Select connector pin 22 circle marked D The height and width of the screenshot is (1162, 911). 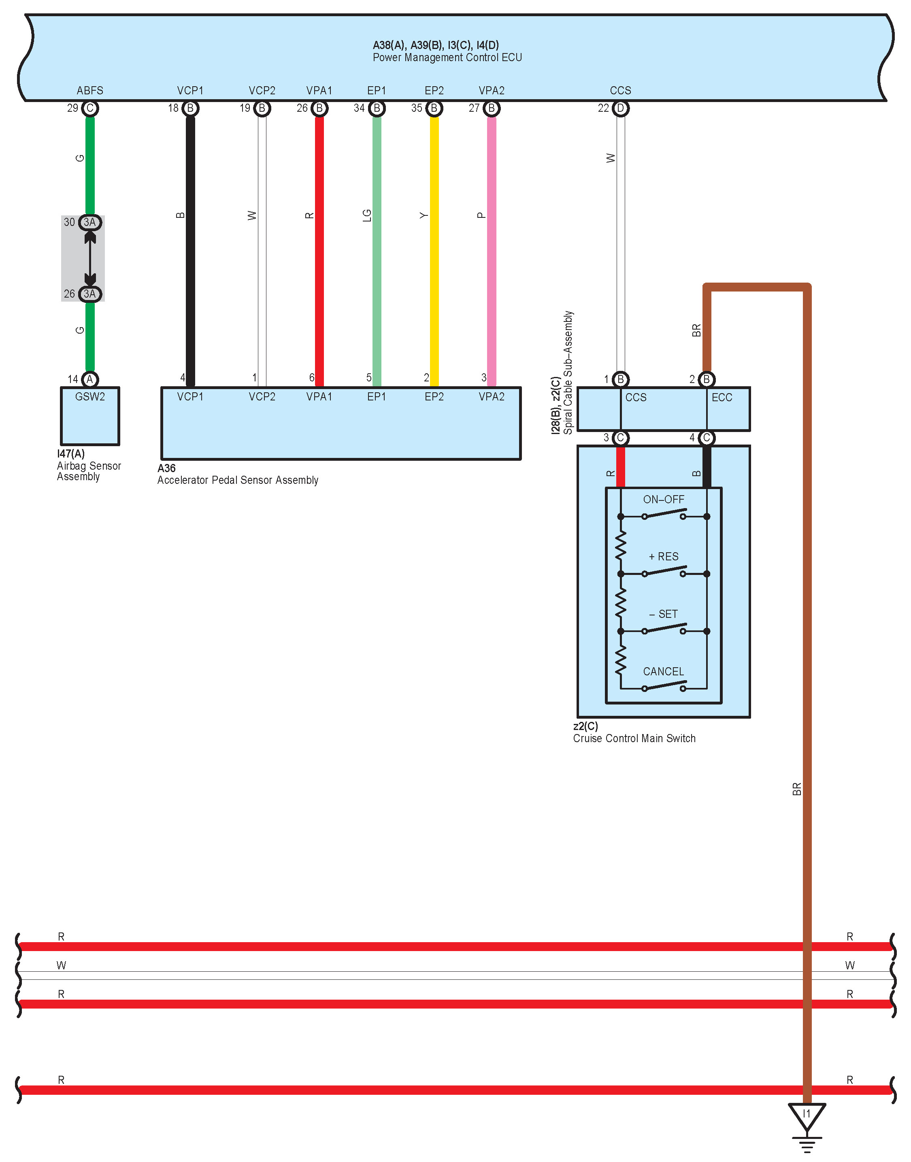pos(620,108)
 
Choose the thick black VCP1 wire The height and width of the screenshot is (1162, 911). pos(190,251)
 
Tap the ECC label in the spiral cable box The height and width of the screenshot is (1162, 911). pos(722,398)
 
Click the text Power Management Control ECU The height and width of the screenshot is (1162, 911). pos(447,57)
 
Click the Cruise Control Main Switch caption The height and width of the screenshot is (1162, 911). pos(634,738)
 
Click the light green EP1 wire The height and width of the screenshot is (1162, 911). pos(377,251)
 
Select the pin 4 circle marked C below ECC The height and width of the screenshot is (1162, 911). pos(706,438)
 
